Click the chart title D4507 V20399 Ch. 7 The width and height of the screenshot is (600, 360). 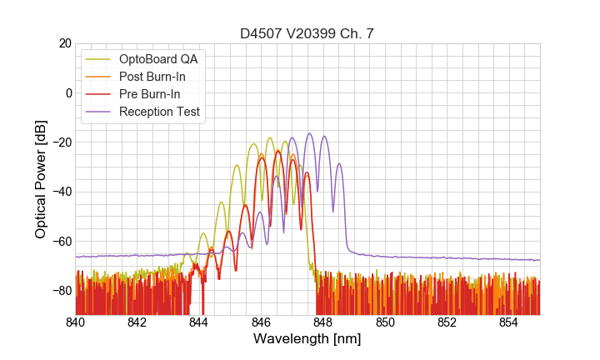(307, 33)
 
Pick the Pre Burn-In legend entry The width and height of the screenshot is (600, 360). (150, 94)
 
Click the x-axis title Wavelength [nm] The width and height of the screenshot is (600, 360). (307, 339)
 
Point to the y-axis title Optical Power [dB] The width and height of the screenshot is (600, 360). (41, 179)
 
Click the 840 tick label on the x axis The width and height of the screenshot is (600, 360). (76, 322)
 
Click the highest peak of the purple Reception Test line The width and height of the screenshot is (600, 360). (309, 133)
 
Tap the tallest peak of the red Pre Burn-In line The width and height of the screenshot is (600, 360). (278, 151)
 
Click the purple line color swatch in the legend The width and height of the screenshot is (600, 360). (98, 112)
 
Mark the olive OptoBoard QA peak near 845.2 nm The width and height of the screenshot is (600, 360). (237, 165)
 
